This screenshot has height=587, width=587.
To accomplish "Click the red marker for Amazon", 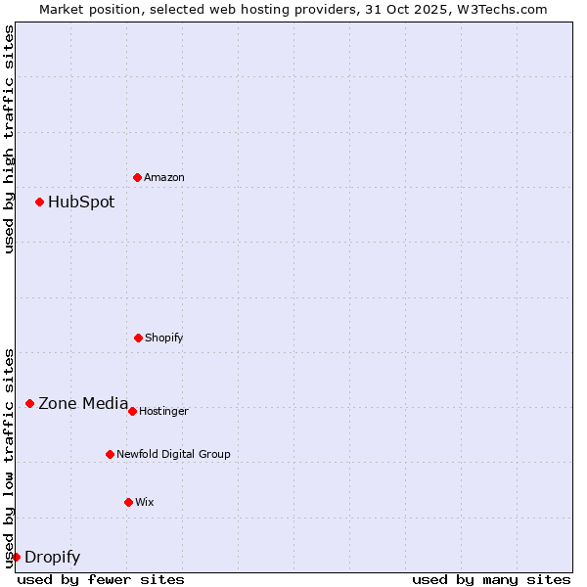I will pyautogui.click(x=137, y=177).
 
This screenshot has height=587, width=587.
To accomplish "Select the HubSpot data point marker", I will pyautogui.click(x=39, y=202).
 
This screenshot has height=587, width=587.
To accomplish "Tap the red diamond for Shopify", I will pyautogui.click(x=138, y=338).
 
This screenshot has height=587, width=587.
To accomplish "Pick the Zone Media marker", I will pyautogui.click(x=29, y=403).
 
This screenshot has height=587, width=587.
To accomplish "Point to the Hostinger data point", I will pyautogui.click(x=132, y=411).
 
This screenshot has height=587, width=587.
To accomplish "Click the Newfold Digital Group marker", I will pyautogui.click(x=110, y=454).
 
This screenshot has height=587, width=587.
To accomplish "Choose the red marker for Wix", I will pyautogui.click(x=128, y=502).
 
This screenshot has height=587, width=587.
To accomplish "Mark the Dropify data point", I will pyautogui.click(x=16, y=557).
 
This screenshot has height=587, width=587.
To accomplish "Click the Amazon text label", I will pyautogui.click(x=164, y=178).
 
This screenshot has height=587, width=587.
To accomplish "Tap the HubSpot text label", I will pyautogui.click(x=81, y=203).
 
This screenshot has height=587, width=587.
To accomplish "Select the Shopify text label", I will pyautogui.click(x=164, y=339).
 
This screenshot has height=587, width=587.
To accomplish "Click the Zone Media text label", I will pyautogui.click(x=83, y=403).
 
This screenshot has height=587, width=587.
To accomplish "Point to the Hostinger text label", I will pyautogui.click(x=163, y=412).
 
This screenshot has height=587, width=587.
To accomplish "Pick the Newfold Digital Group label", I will pyautogui.click(x=173, y=455).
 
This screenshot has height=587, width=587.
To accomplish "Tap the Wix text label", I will pyautogui.click(x=145, y=503).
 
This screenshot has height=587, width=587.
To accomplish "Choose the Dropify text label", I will pyautogui.click(x=52, y=558).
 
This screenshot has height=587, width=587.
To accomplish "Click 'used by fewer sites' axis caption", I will pyautogui.click(x=101, y=579).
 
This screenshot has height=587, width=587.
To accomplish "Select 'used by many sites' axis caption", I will pyautogui.click(x=491, y=579).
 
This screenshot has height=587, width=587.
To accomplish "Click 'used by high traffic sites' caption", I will pyautogui.click(x=9, y=139).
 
